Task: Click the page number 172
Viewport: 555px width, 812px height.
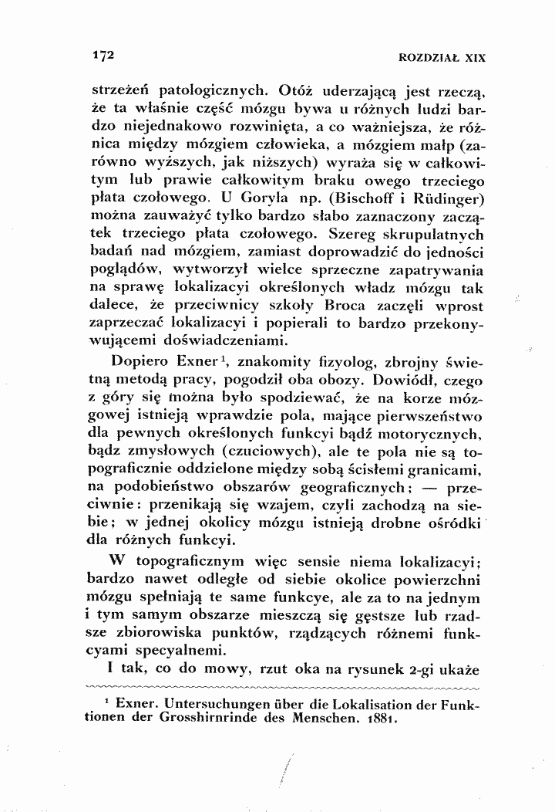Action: tap(103, 55)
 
